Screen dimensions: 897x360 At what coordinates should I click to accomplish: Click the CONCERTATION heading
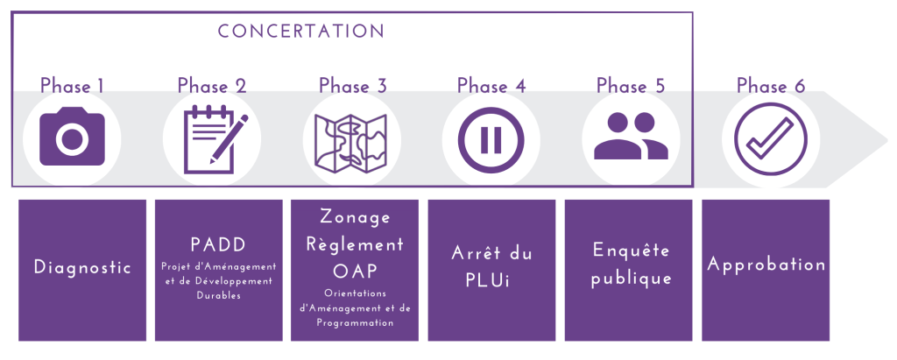pyautogui.click(x=301, y=31)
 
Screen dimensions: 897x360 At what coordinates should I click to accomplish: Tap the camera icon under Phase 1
pyautogui.click(x=72, y=137)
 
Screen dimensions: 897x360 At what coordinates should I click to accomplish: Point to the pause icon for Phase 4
pyautogui.click(x=491, y=139)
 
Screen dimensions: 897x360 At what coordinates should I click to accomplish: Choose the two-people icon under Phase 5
pyautogui.click(x=631, y=136)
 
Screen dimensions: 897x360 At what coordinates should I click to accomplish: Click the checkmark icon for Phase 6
pyautogui.click(x=771, y=139)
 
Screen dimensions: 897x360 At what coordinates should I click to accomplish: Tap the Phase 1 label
pyautogui.click(x=72, y=86)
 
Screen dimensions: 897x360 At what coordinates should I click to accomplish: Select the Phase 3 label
pyautogui.click(x=353, y=86)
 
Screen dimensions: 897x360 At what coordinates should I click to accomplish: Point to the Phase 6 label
pyautogui.click(x=771, y=86)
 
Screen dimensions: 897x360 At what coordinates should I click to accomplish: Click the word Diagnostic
pyautogui.click(x=82, y=267)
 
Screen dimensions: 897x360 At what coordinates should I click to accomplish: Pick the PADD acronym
pyautogui.click(x=218, y=245)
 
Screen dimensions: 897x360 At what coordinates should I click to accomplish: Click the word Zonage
pyautogui.click(x=356, y=218)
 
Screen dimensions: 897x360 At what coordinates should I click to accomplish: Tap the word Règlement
pyautogui.click(x=355, y=244)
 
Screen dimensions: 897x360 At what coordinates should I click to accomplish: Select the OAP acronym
pyautogui.click(x=355, y=270)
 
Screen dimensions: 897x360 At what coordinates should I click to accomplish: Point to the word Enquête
pyautogui.click(x=631, y=251)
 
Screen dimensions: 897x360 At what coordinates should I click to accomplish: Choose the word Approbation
pyautogui.click(x=766, y=265)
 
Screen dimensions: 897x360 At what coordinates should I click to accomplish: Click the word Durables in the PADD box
pyautogui.click(x=218, y=296)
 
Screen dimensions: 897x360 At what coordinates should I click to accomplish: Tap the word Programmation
pyautogui.click(x=355, y=323)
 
